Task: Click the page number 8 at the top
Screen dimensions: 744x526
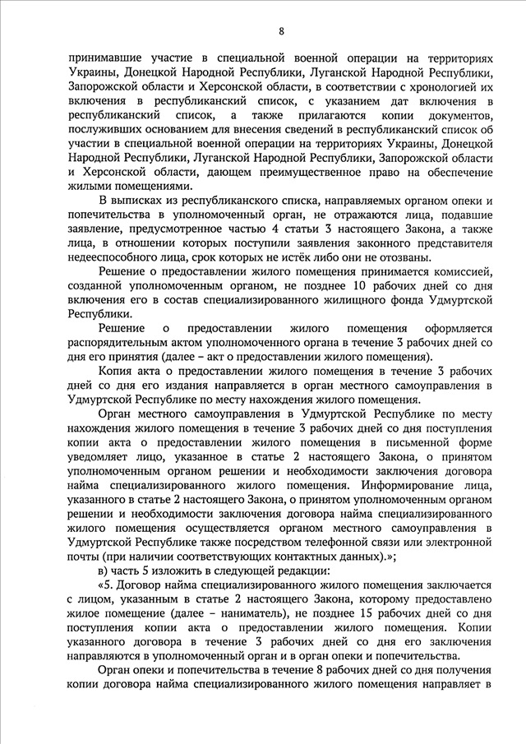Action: pos(281,32)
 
